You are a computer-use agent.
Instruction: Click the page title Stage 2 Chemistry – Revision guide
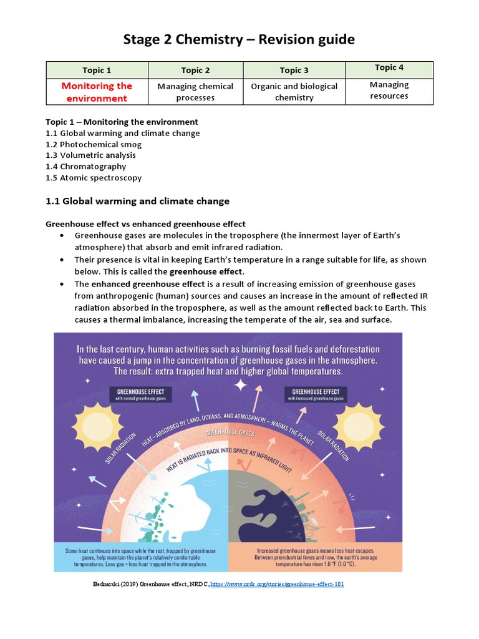239,39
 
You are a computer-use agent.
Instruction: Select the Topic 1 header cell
97,71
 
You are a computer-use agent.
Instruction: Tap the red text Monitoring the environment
97,92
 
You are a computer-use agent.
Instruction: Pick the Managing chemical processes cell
195,92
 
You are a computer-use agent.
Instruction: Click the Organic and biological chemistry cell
294,92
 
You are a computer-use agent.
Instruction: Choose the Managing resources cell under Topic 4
389,90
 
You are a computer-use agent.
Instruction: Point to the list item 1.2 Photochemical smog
94,144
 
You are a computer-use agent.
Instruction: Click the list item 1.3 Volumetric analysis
90,155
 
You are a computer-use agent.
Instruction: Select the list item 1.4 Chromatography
86,167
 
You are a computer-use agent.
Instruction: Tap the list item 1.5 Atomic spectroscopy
94,178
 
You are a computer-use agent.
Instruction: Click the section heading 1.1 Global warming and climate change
138,201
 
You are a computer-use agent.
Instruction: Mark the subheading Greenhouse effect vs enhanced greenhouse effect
146,224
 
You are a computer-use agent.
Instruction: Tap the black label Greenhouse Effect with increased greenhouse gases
315,395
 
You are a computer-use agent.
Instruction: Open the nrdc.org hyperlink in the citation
278,584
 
